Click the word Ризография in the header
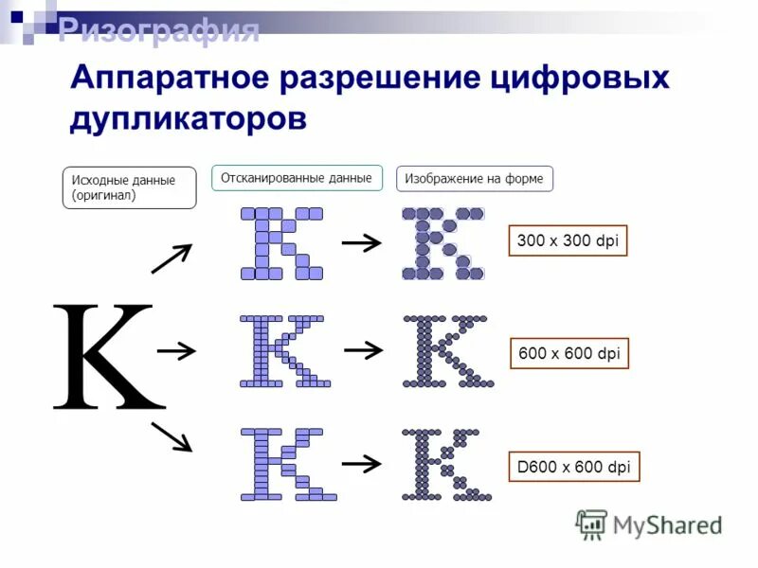pyautogui.click(x=158, y=30)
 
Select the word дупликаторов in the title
pyautogui.click(x=189, y=119)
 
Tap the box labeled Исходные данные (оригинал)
pyautogui.click(x=129, y=187)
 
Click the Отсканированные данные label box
pyautogui.click(x=297, y=178)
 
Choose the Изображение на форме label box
pyautogui.click(x=474, y=178)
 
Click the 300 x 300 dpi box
pyautogui.click(x=568, y=241)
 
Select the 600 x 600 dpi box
pyautogui.click(x=568, y=354)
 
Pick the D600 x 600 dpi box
pyautogui.click(x=573, y=467)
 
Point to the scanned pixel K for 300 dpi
pyautogui.click(x=281, y=243)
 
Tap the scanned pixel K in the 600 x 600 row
pyautogui.click(x=283, y=351)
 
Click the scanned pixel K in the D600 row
pyautogui.click(x=287, y=464)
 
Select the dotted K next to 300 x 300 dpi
pyautogui.click(x=442, y=243)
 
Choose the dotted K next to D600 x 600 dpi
pyautogui.click(x=445, y=464)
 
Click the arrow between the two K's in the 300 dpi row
pyautogui.click(x=361, y=243)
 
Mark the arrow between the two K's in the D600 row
pyautogui.click(x=361, y=463)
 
